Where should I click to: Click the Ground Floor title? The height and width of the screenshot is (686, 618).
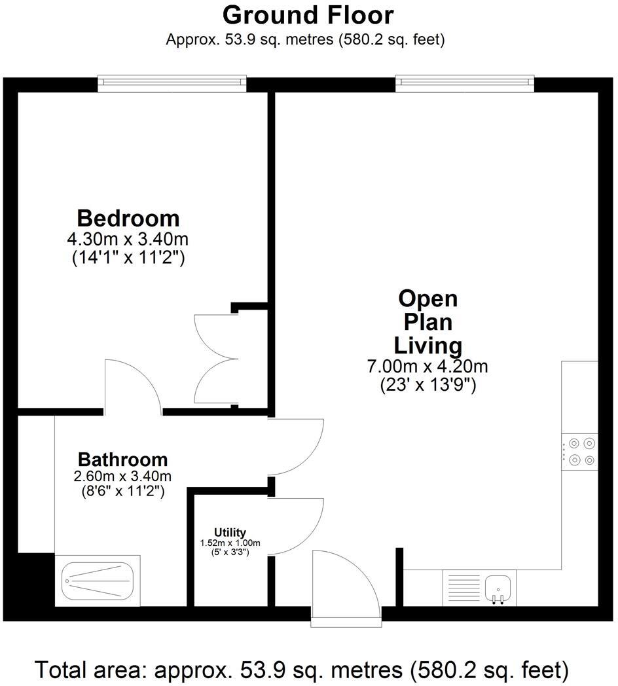(308, 15)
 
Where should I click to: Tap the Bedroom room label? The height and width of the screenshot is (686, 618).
(128, 218)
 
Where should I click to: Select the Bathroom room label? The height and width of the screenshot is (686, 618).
(123, 460)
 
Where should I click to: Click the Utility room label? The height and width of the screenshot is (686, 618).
(230, 532)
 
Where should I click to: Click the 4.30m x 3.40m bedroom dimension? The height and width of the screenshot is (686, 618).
(128, 240)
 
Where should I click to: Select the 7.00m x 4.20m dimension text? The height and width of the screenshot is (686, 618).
(427, 366)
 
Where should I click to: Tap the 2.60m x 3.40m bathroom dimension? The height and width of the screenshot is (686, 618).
(122, 476)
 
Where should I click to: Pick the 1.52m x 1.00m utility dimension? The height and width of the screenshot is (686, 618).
(230, 543)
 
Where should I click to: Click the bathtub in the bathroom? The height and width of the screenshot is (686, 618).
(97, 581)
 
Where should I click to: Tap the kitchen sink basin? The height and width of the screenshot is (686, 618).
(498, 588)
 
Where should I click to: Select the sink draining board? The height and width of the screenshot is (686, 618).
(462, 588)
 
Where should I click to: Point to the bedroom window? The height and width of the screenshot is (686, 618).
(172, 83)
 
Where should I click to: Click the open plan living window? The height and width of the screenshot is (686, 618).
(465, 83)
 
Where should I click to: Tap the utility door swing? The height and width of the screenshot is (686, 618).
(296, 526)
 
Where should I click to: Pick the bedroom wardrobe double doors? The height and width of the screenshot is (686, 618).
(216, 359)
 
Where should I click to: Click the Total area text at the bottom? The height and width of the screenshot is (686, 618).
(302, 670)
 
